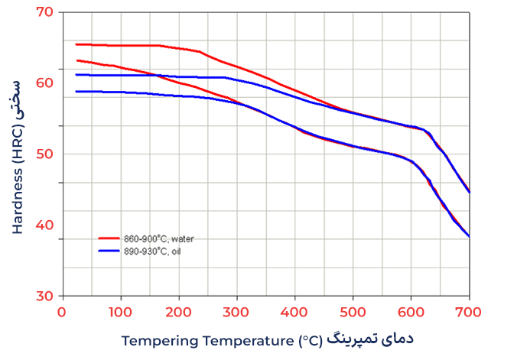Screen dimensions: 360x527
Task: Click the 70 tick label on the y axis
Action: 46,12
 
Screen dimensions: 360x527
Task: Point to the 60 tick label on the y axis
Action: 46,83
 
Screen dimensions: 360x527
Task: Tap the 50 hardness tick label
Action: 46,154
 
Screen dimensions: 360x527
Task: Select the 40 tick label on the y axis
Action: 46,225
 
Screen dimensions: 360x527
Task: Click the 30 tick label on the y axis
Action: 46,296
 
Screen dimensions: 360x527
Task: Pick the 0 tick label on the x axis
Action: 62,311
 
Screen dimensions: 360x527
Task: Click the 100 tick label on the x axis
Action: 120,311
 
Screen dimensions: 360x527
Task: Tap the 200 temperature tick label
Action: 178,311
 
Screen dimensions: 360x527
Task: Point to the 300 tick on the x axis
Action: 236,311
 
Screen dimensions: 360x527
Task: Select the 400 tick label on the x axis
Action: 294,311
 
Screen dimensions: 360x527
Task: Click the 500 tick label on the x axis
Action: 353,311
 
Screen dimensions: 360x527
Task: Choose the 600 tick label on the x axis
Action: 411,311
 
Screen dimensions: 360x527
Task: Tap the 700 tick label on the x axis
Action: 468,311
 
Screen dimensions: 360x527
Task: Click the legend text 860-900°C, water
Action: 158,238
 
